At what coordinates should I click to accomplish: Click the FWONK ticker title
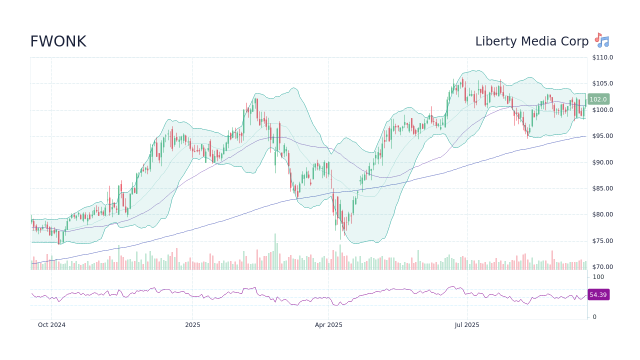pos(58,42)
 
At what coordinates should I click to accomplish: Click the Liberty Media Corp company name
pos(532,42)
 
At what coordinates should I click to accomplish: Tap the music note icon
pos(601,40)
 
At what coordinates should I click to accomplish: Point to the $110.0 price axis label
pos(602,57)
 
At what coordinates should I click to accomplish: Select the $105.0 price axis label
pos(602,83)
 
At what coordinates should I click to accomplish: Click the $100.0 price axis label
pos(602,110)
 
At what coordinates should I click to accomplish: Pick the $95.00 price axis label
pos(602,136)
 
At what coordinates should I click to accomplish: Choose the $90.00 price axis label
pos(602,162)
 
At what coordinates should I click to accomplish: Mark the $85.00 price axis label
pos(602,188)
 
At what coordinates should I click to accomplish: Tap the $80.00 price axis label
pos(602,214)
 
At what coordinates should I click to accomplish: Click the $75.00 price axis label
pos(602,241)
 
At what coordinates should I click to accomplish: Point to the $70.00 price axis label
pos(602,267)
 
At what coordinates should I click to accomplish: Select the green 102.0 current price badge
pos(598,99)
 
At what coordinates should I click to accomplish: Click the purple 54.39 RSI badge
pos(598,295)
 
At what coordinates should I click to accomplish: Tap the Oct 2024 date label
pos(52,325)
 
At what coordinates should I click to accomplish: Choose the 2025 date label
pos(192,325)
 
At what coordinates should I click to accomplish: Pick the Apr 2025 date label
pos(328,325)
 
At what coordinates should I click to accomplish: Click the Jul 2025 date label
pos(467,325)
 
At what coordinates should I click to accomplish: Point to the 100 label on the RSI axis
pos(598,277)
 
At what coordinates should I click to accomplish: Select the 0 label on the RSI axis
pos(594,317)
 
